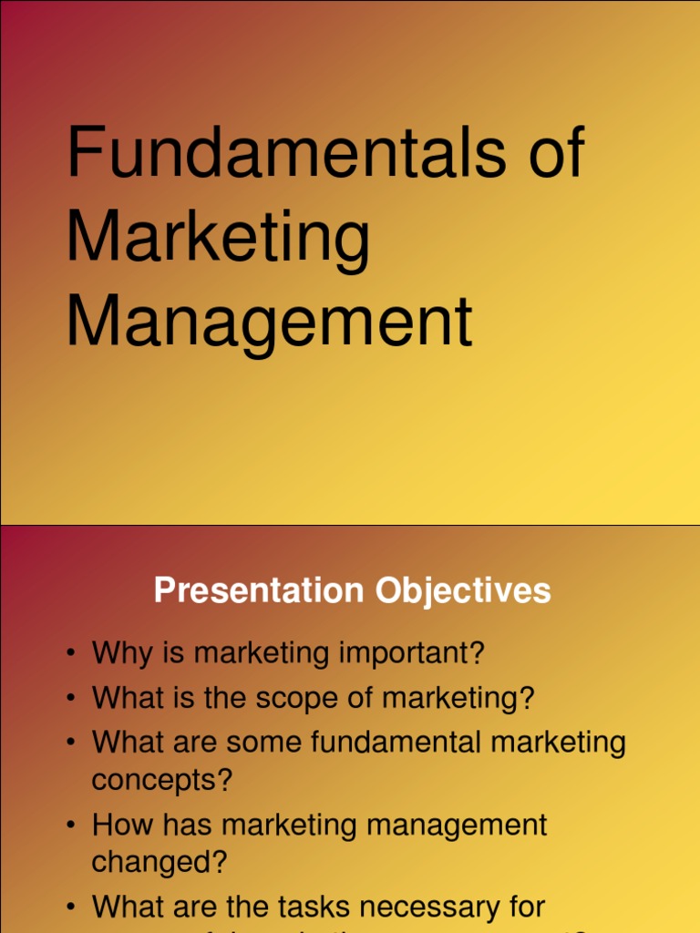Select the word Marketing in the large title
pos(219,239)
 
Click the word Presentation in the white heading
pos(258,590)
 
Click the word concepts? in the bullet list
pos(162,781)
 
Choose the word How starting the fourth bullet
pos(120,825)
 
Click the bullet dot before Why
pos(70,654)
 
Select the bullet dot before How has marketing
pos(70,826)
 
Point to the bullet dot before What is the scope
pos(70,700)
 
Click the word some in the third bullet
pos(263,742)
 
